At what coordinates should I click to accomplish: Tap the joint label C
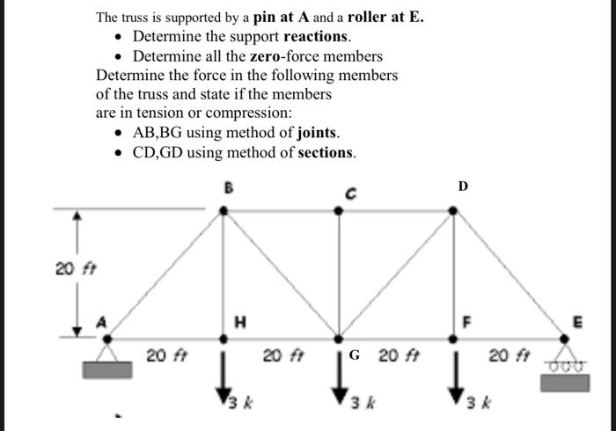tap(348, 192)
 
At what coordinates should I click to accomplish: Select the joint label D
tap(464, 186)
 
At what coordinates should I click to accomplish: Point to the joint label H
tap(236, 323)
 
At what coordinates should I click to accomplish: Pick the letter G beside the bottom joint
tap(355, 356)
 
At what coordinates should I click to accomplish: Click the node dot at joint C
tap(340, 210)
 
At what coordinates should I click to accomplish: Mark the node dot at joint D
tap(454, 210)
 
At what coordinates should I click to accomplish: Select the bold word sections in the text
tap(327, 152)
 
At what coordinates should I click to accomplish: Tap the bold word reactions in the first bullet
tap(315, 36)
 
